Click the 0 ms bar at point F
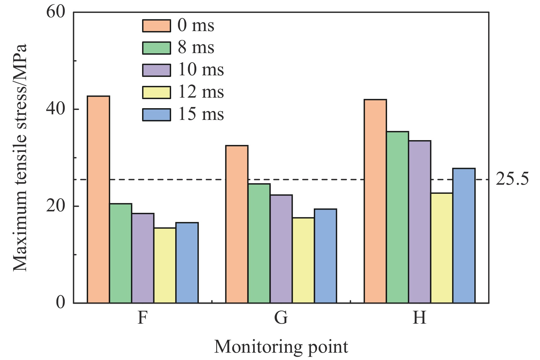point(98,199)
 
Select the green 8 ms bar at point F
point(121,253)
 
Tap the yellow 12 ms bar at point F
point(165,265)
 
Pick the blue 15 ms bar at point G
point(325,256)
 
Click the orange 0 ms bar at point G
point(237,224)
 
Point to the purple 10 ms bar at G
point(281,249)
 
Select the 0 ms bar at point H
point(375,201)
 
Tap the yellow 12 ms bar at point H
point(442,248)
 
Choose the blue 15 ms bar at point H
point(464,236)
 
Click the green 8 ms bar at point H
point(397,217)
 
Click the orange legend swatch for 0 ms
point(156,26)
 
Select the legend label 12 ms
point(201,92)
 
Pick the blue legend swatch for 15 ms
point(156,115)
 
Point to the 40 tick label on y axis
point(55,109)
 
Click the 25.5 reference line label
point(512,179)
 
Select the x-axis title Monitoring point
point(281,347)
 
